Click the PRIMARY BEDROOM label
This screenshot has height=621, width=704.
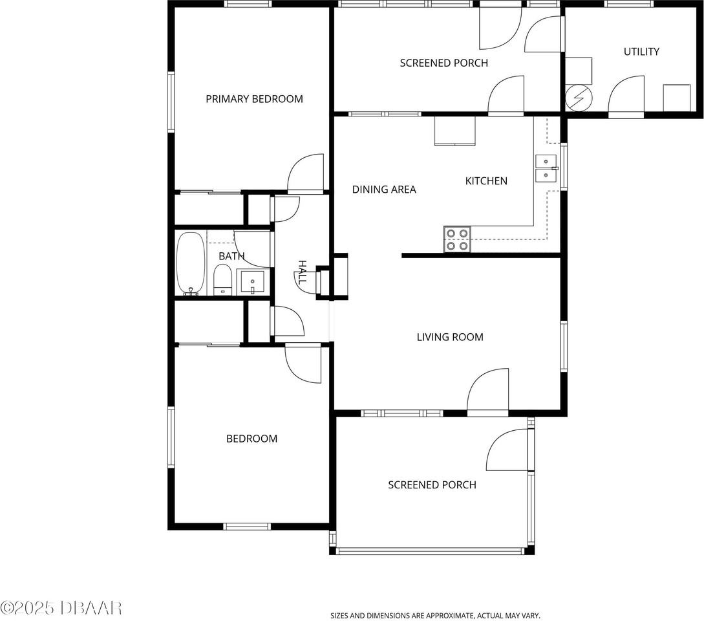tap(254, 99)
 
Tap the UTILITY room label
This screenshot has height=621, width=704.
tap(641, 52)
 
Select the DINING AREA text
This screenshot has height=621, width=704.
tap(384, 190)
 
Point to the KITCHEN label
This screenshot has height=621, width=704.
tap(486, 181)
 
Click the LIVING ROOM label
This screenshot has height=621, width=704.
tap(450, 337)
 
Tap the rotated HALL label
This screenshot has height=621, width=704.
tap(302, 272)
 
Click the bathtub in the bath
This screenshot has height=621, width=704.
tap(190, 263)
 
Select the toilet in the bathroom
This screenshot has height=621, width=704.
tap(222, 280)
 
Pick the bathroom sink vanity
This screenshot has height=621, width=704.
tap(252, 282)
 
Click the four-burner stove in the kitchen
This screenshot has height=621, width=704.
tap(457, 239)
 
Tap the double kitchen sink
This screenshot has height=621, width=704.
tap(546, 168)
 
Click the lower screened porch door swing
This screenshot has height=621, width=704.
tap(509, 450)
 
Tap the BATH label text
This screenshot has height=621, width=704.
tap(231, 256)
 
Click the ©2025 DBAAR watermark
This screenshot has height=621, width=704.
tap(61, 608)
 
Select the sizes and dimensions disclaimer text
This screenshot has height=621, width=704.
tap(435, 616)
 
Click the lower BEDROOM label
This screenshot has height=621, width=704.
tap(251, 439)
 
